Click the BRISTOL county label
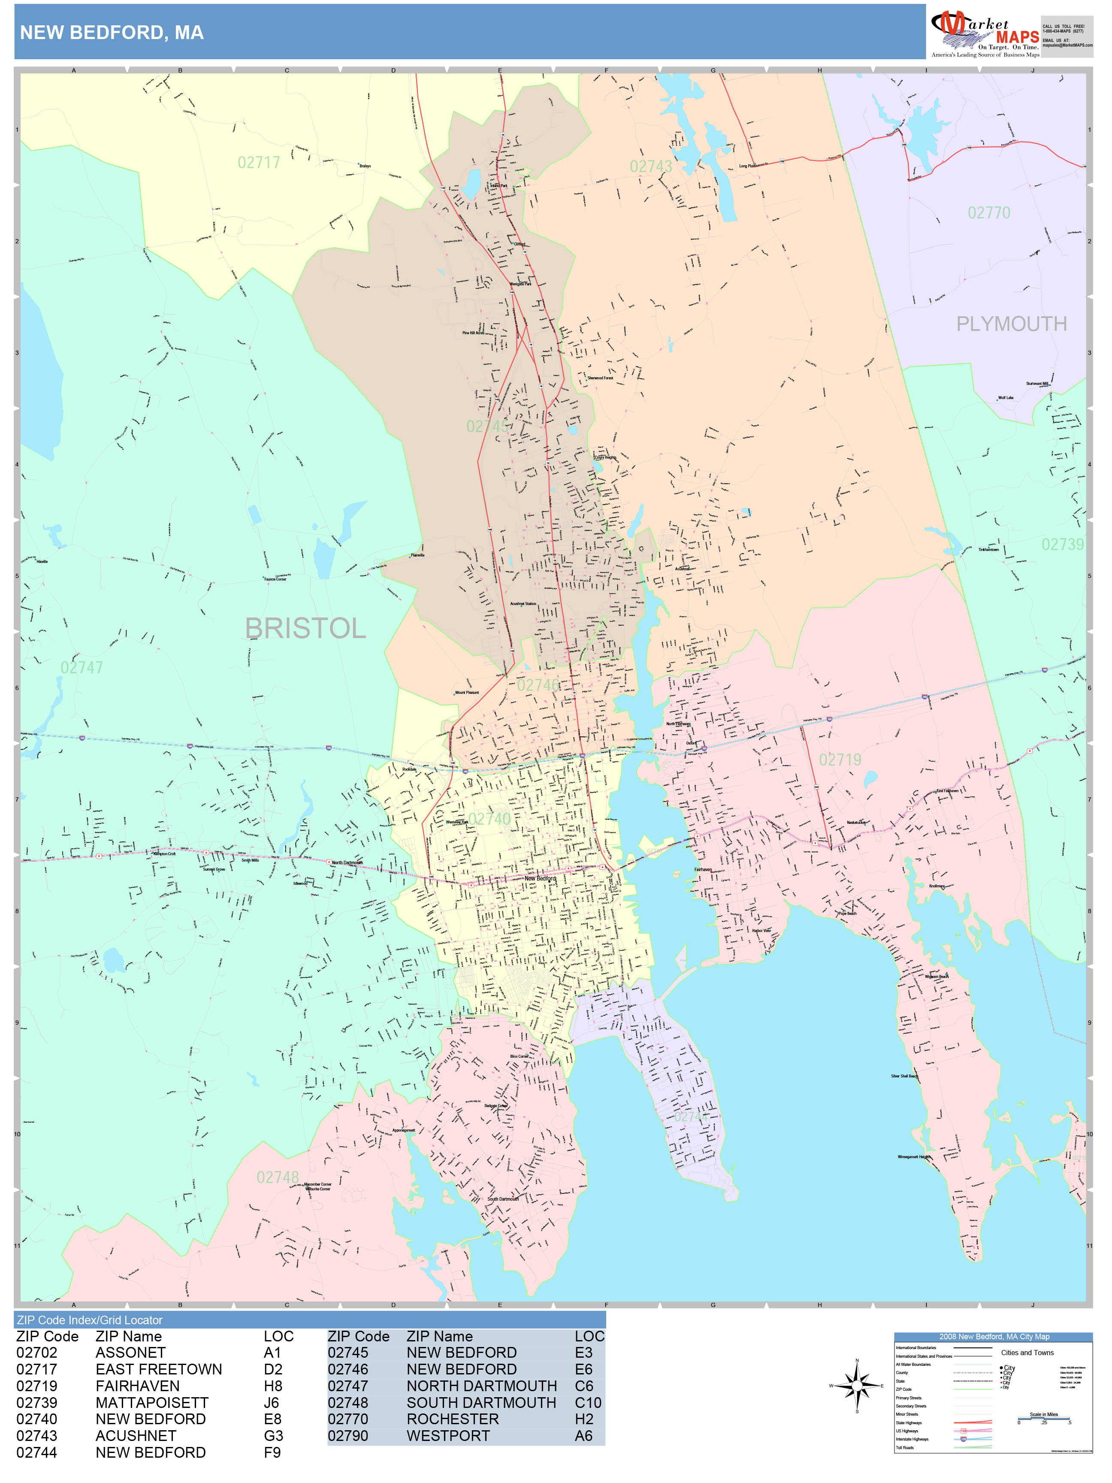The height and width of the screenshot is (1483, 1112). click(305, 628)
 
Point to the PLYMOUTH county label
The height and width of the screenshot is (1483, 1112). click(1011, 324)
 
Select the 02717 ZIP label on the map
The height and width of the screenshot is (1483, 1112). click(259, 162)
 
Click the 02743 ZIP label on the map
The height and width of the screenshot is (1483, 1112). click(650, 166)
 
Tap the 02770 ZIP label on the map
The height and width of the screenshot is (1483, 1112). click(989, 212)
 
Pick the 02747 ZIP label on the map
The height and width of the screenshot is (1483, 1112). click(82, 667)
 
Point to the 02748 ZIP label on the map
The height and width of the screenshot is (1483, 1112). click(278, 1177)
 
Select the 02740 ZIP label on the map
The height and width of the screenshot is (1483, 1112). click(490, 819)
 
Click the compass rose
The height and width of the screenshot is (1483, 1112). click(857, 1385)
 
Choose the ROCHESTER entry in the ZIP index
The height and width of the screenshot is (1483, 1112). click(453, 1419)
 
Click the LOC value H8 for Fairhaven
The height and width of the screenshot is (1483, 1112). click(273, 1386)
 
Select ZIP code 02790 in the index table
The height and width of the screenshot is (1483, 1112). click(348, 1436)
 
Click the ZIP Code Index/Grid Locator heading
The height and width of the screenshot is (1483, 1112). click(90, 1320)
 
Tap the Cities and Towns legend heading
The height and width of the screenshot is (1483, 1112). click(1027, 1352)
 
